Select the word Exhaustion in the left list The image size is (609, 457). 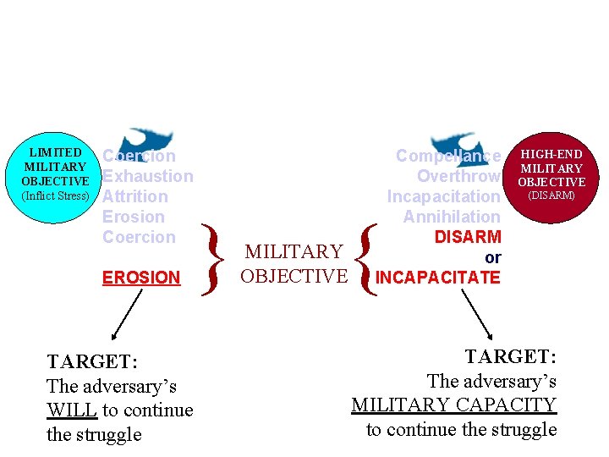(148, 176)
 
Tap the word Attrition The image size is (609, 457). (135, 196)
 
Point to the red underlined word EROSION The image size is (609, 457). (141, 278)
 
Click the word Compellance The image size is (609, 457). (448, 156)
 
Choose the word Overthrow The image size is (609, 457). (458, 176)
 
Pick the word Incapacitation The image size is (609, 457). (443, 196)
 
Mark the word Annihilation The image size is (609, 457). (452, 217)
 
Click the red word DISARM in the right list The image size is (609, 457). (468, 237)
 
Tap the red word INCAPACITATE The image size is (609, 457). (438, 278)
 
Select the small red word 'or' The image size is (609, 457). (493, 257)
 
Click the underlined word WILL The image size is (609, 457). (72, 410)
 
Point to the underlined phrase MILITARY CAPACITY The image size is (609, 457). (454, 405)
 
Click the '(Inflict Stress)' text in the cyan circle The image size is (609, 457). (56, 195)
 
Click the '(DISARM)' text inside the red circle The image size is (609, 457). (551, 195)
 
